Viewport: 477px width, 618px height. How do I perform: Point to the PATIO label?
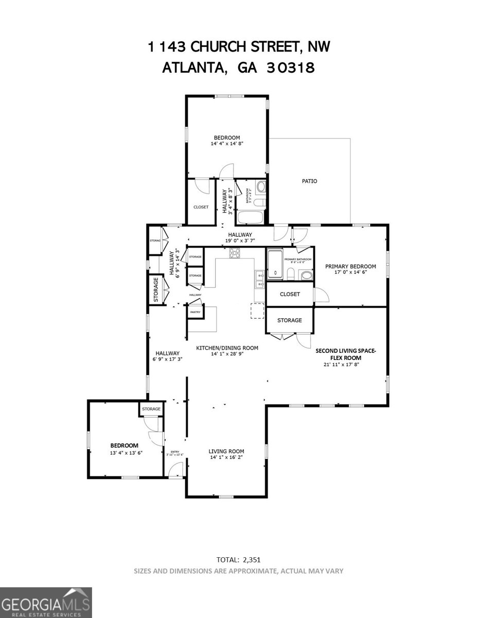click(x=309, y=181)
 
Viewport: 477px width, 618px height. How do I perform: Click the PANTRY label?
click(x=195, y=312)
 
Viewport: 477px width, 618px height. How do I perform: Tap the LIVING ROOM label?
click(x=226, y=451)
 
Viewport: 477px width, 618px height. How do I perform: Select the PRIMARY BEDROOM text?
click(x=350, y=266)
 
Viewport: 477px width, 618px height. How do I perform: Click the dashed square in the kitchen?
click(x=257, y=311)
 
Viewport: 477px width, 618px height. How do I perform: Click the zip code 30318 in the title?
click(x=290, y=67)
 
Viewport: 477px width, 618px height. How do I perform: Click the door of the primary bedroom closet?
click(x=321, y=294)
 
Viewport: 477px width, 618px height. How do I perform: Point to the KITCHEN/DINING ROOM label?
click(x=227, y=348)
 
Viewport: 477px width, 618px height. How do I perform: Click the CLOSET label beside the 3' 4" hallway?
click(x=201, y=207)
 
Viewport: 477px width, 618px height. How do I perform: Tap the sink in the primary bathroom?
click(x=306, y=275)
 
